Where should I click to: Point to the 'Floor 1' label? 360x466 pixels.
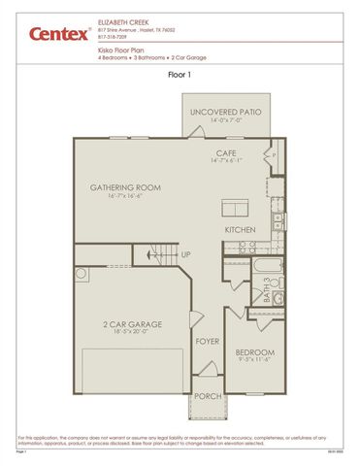[x=180, y=72]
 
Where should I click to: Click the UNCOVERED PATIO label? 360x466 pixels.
[x=226, y=113]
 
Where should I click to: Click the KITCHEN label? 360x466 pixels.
[x=240, y=229]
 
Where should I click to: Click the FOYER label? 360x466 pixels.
[x=207, y=342]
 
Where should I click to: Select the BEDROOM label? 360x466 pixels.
[x=255, y=351]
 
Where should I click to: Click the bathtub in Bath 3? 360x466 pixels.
[x=265, y=266]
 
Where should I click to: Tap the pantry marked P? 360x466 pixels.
[x=274, y=155]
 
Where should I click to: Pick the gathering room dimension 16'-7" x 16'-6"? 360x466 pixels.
[x=124, y=195]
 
